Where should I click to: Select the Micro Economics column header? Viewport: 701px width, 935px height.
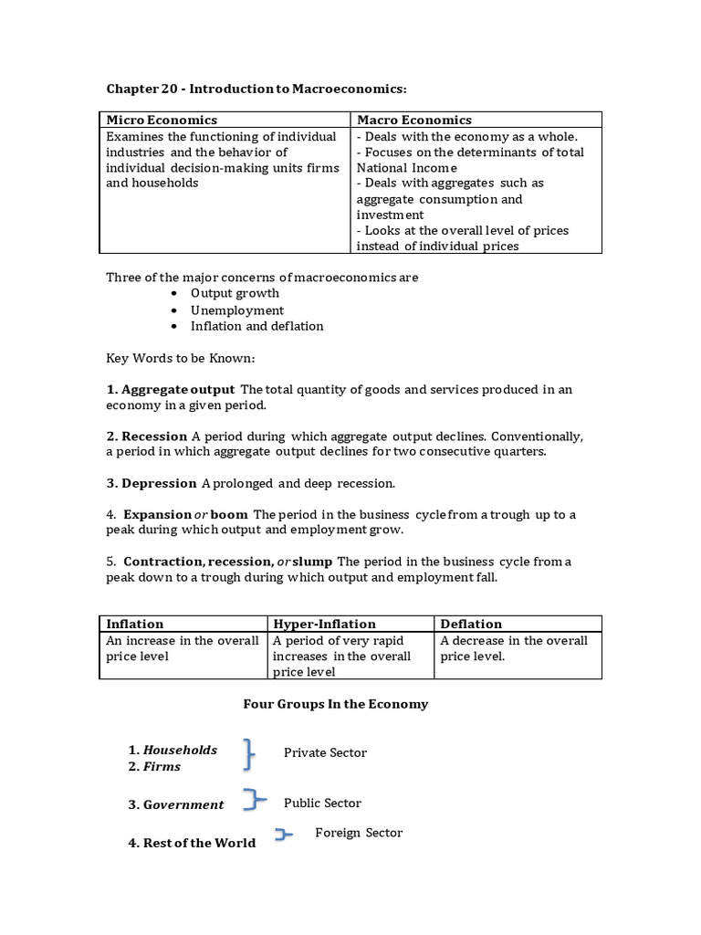coord(162,120)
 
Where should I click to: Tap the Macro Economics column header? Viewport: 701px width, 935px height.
coord(414,120)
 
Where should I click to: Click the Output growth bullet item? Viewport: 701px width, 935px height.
coord(235,293)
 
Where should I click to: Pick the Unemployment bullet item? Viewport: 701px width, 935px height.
coord(237,310)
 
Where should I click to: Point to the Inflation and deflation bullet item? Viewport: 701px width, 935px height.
coord(256,326)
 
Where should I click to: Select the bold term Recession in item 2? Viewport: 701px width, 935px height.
coord(154,436)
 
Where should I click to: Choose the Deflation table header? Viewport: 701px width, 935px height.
coord(471,624)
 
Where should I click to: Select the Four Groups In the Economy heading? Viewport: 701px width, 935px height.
coord(335,704)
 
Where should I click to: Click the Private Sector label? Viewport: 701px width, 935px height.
coord(325,753)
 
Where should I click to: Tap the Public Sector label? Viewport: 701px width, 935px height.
coord(322,804)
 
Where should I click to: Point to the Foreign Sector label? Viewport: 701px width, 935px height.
coord(358,833)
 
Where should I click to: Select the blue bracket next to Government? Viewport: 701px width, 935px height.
coord(254,801)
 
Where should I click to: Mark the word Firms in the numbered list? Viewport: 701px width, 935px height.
coord(162,767)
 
